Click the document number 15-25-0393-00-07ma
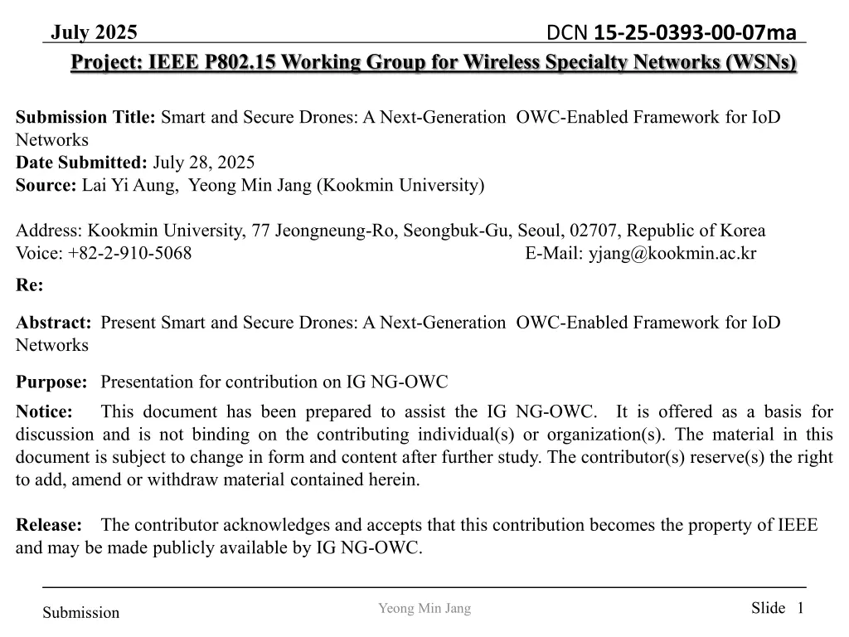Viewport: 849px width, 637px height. point(696,32)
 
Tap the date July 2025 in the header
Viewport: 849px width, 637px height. point(95,32)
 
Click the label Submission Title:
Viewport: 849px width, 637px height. point(86,117)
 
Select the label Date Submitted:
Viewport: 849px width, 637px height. point(81,162)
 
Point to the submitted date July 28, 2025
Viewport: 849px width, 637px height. point(204,162)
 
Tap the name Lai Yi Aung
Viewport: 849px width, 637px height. point(130,185)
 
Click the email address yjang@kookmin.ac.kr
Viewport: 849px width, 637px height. point(672,253)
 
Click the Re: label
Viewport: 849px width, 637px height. point(30,285)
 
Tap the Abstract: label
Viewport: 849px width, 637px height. point(54,322)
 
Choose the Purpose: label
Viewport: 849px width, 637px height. point(51,382)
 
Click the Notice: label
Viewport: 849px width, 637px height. point(45,411)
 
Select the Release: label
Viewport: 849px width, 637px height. point(49,524)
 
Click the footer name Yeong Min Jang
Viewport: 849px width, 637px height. point(424,609)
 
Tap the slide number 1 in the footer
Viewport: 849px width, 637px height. point(800,608)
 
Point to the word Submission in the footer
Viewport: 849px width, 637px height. point(81,613)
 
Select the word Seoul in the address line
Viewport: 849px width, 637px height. point(541,230)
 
